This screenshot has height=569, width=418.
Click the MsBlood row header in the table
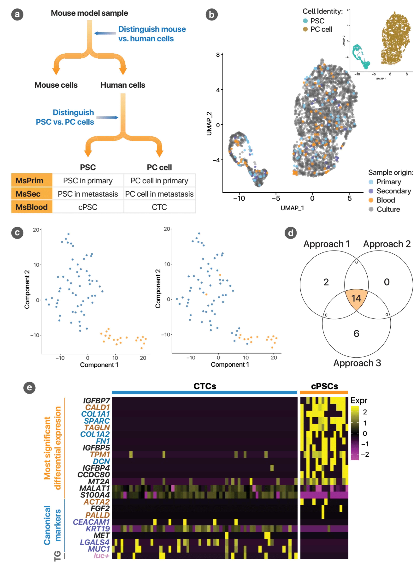[x=32, y=207]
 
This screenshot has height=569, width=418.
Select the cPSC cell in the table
[x=88, y=207]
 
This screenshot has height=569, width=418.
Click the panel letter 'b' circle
[x=211, y=15]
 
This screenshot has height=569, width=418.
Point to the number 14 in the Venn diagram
[x=356, y=298]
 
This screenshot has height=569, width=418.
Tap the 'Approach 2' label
[x=387, y=244]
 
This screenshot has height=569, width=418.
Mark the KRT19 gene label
[x=98, y=529]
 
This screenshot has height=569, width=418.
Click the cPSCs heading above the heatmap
[x=324, y=386]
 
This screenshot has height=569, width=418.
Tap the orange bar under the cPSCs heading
[x=324, y=392]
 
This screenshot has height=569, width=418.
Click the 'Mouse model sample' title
[x=89, y=13]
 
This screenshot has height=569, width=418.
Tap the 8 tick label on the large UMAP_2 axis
[x=218, y=55]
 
